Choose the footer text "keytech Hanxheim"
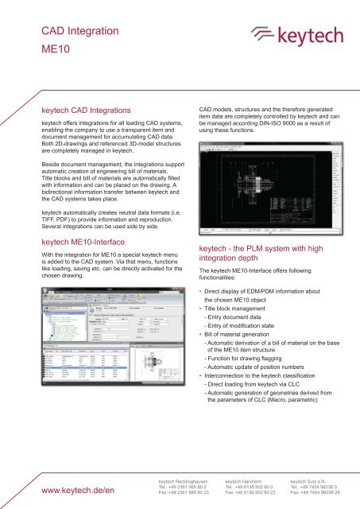click(x=243, y=480)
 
